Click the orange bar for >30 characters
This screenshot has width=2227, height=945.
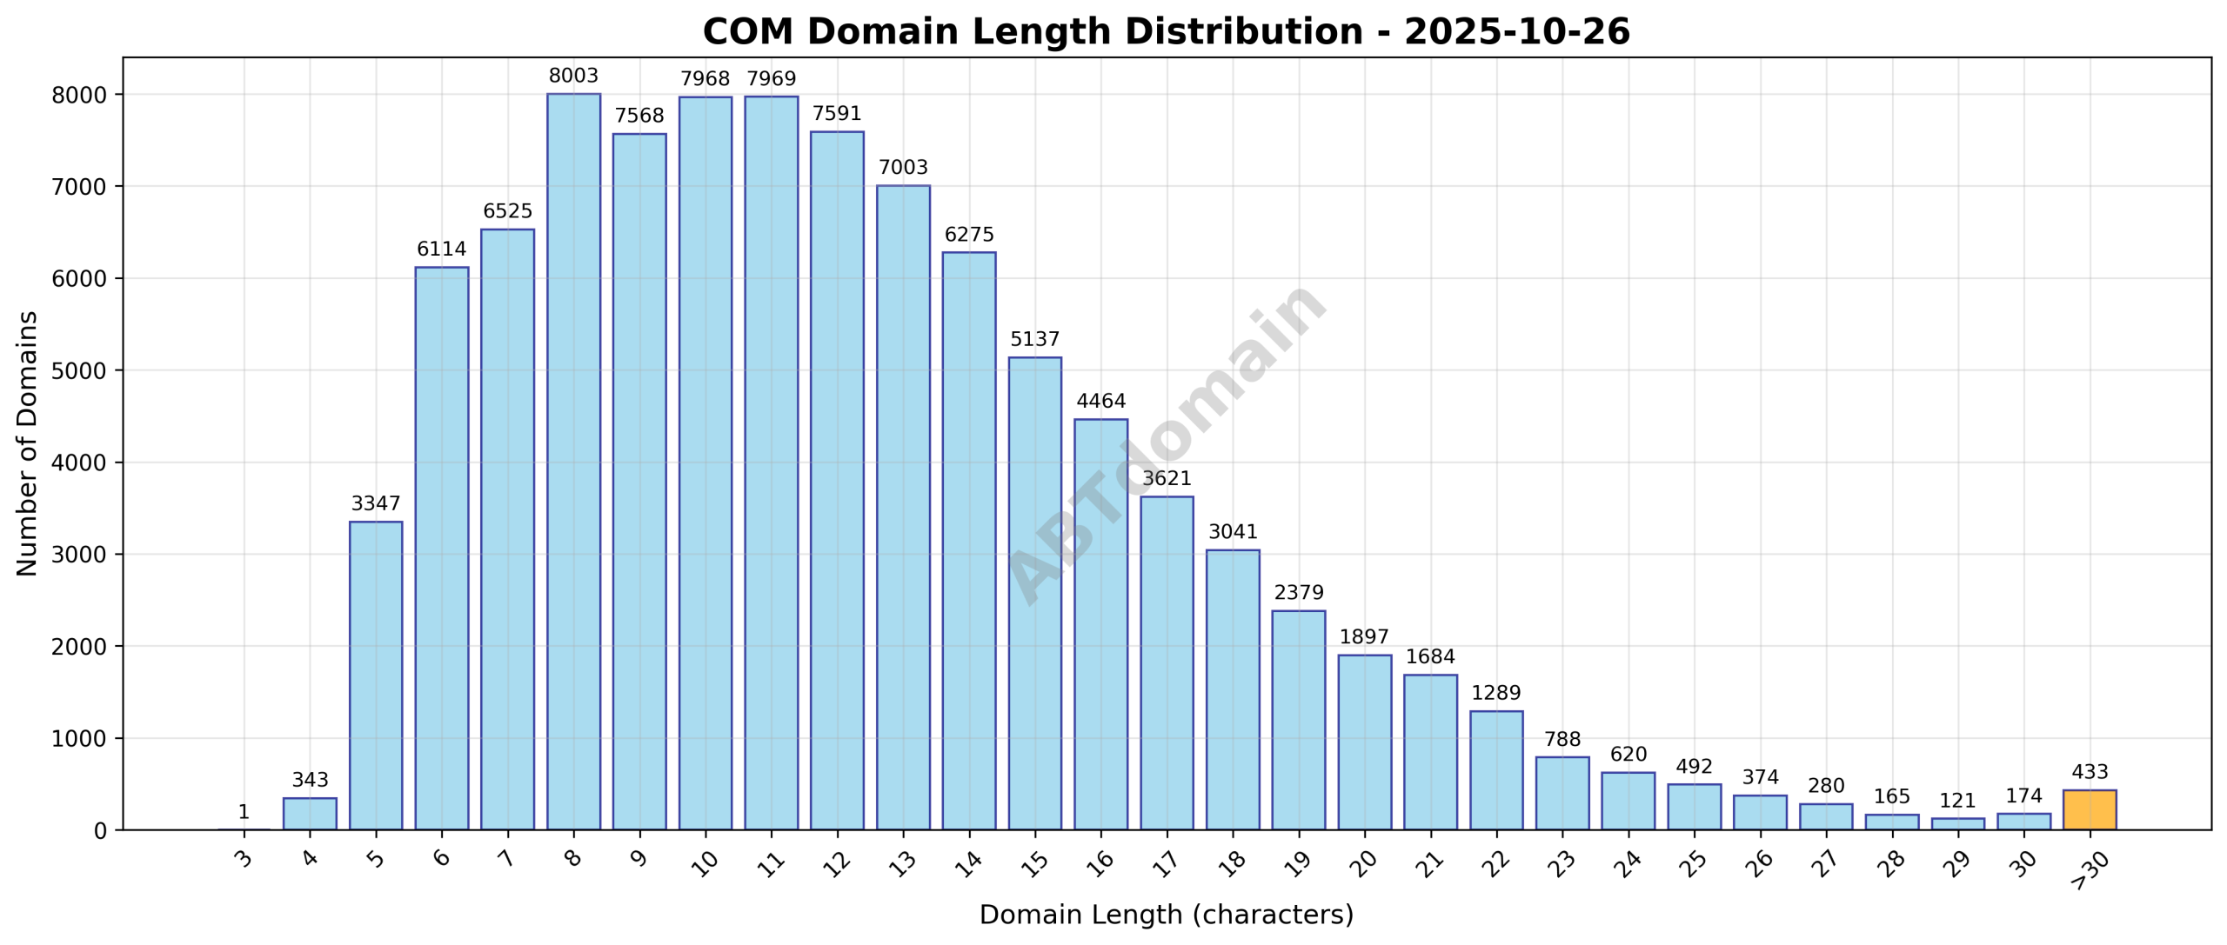(x=2089, y=809)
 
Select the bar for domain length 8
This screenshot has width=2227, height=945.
(x=573, y=461)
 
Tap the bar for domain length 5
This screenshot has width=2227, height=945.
(x=376, y=675)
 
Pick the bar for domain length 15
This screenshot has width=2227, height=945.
(x=1034, y=593)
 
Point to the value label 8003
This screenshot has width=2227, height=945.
(x=573, y=77)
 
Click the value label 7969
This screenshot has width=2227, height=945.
(x=771, y=79)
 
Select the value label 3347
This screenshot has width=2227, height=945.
(x=376, y=504)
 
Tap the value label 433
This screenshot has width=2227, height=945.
(x=2090, y=772)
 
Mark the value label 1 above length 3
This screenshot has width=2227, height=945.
(x=244, y=812)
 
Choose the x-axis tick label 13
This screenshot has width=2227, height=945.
(x=902, y=862)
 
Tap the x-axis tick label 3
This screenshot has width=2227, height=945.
(x=244, y=859)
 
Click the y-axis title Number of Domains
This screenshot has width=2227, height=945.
(x=28, y=443)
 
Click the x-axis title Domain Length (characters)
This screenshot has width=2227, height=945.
(x=1166, y=915)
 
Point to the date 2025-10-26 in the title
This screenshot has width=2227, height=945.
(x=1516, y=32)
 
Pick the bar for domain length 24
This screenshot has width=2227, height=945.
(x=1628, y=801)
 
